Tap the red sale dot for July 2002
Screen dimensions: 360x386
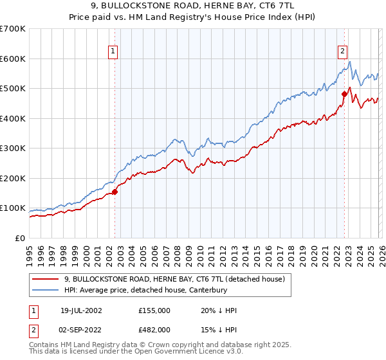coord(115,192)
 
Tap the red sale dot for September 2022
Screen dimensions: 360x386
coord(344,94)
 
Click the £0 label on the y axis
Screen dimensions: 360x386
coord(20,239)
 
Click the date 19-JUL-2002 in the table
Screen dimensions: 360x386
coord(81,310)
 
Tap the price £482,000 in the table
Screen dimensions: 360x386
coord(154,330)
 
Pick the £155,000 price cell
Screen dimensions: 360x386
coord(154,310)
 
